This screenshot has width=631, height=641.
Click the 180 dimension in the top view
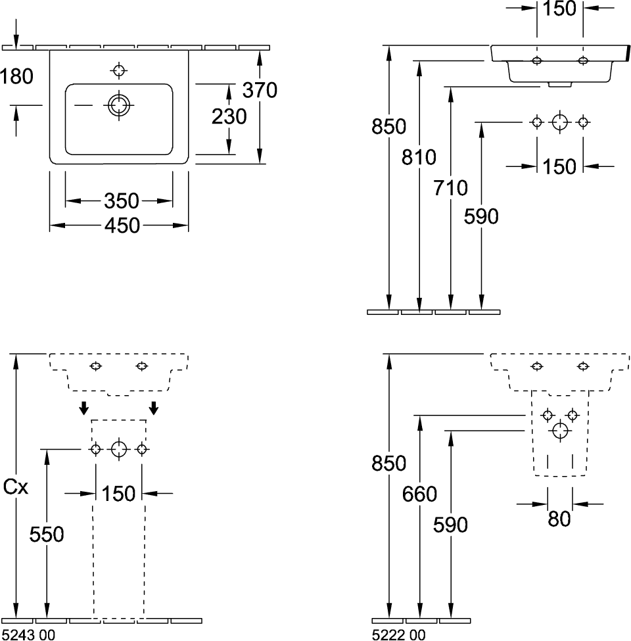[16, 76]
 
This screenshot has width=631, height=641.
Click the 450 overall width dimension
[122, 226]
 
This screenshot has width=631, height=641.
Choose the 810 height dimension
[419, 157]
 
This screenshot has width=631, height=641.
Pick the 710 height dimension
[450, 188]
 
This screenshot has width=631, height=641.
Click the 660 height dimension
[419, 493]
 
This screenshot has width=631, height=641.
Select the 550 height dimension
[47, 534]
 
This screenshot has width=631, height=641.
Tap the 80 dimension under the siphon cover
[559, 519]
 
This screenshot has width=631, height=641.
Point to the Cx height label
[16, 488]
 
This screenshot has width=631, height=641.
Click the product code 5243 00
[29, 634]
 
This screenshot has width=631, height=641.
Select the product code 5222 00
[398, 634]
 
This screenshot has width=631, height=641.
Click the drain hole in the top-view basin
[119, 105]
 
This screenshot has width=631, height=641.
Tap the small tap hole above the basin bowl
[119, 70]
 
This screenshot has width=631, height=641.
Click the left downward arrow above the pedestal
[83, 408]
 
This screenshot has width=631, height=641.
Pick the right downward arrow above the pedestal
[154, 408]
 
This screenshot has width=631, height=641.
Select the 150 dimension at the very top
[560, 9]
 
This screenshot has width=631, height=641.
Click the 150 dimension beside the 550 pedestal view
[119, 492]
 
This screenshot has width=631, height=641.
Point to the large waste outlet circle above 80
[560, 431]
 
